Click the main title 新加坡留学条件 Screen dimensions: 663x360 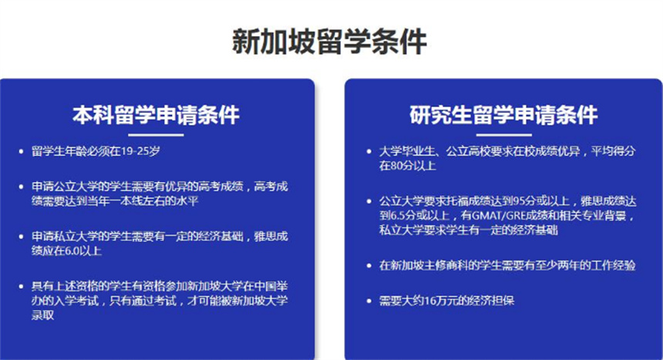pyautogui.click(x=329, y=42)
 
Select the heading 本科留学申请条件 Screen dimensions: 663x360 pyautogui.click(x=156, y=115)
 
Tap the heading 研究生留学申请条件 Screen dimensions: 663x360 pyautogui.click(x=503, y=115)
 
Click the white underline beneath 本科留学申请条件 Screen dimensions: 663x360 pyautogui.click(x=156, y=135)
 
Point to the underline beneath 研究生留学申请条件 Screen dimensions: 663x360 pyautogui.click(x=504, y=135)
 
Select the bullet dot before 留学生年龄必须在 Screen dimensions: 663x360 pyautogui.click(x=21, y=151)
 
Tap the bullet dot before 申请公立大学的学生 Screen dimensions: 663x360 pyautogui.click(x=21, y=187)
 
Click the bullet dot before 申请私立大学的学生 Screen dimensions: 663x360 pyautogui.click(x=21, y=237)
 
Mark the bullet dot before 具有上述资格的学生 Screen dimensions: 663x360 pyautogui.click(x=21, y=287)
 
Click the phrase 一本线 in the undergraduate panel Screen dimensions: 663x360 pyautogui.click(x=126, y=200)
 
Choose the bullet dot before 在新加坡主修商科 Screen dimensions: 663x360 pyautogui.click(x=369, y=266)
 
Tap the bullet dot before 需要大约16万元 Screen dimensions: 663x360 pyautogui.click(x=369, y=301)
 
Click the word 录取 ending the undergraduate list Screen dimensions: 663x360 pyautogui.click(x=42, y=315)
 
